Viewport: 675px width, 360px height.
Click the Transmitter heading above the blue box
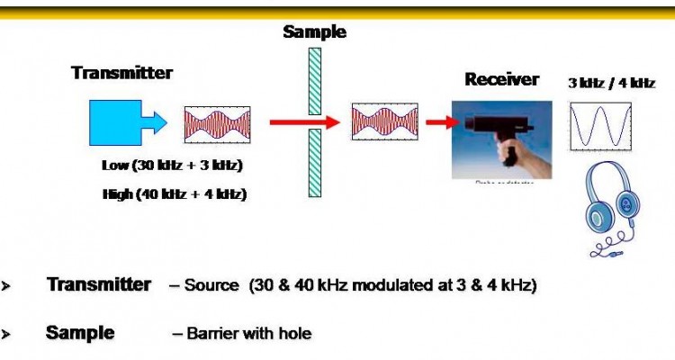coord(121,73)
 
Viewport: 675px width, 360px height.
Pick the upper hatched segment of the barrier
coord(314,80)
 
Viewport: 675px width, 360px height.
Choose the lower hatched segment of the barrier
coord(314,162)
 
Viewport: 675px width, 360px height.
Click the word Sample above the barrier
coord(314,32)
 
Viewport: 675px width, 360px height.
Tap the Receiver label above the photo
coord(501,79)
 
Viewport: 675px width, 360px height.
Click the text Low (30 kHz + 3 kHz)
coord(173,166)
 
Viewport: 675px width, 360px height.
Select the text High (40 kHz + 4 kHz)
coord(175,193)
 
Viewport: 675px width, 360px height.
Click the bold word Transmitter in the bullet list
coord(98,285)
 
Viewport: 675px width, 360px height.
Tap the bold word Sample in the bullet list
coord(80,333)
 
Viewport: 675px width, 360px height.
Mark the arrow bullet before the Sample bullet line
coord(5,335)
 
